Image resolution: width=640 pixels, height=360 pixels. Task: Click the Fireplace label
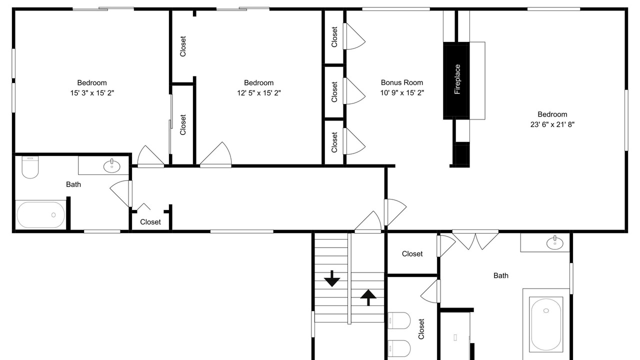point(457,79)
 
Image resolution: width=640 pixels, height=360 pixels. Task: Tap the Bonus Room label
point(401,82)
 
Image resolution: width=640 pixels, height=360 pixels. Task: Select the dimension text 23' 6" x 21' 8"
point(552,124)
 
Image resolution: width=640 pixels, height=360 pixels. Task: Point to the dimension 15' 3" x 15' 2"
point(92,93)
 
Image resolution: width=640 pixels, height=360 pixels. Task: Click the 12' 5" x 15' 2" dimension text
point(258,93)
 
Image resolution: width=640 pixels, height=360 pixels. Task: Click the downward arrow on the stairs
point(331,278)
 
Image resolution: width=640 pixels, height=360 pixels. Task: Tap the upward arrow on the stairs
point(368,297)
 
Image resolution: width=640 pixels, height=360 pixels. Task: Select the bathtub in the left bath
point(40,215)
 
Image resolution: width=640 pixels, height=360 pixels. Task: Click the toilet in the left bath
point(30,167)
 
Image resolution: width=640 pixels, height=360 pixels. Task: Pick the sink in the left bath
point(111,166)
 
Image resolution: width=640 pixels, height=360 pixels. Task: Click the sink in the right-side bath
point(555,243)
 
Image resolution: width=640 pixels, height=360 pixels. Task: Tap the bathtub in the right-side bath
point(546,324)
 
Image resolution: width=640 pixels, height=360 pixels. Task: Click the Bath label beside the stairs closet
point(501,275)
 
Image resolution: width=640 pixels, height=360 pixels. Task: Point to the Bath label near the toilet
point(73,184)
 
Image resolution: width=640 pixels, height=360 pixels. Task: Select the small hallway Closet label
point(150,222)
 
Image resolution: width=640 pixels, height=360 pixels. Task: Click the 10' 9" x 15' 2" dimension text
point(401,92)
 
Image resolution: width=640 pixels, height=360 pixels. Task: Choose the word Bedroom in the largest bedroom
point(552,114)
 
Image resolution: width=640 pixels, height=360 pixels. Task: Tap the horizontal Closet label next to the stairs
point(412,253)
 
